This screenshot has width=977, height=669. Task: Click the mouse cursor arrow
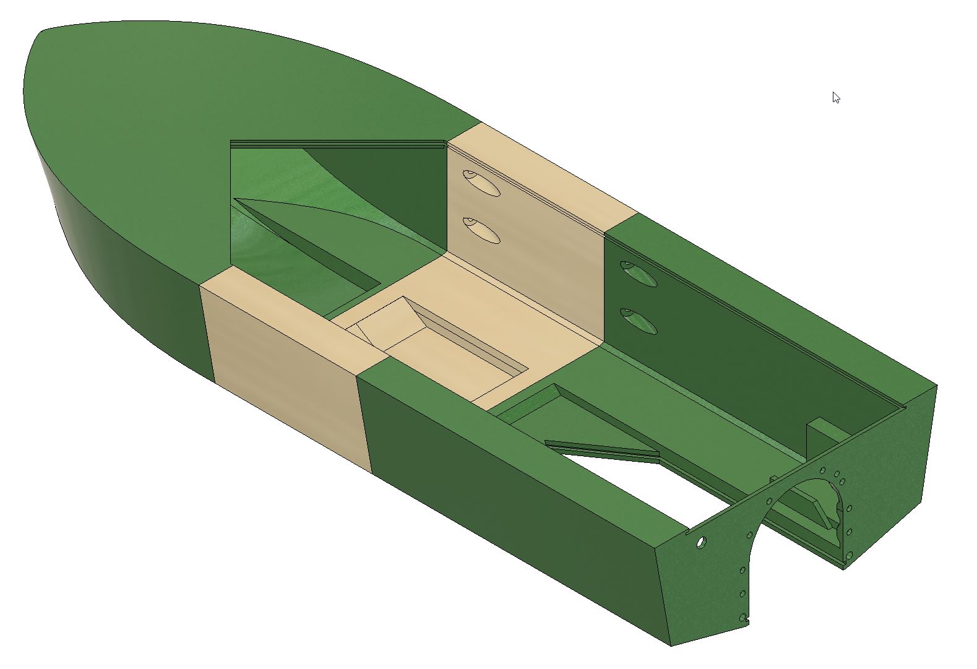click(836, 98)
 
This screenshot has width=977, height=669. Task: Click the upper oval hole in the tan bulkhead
click(481, 183)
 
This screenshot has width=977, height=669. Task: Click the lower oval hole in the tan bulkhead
click(481, 230)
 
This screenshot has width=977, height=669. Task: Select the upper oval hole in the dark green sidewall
click(638, 274)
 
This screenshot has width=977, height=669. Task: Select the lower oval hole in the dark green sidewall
click(638, 321)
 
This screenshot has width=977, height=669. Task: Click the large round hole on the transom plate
click(700, 543)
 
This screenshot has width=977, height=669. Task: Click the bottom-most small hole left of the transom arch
click(743, 616)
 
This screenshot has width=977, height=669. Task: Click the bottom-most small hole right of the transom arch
click(849, 555)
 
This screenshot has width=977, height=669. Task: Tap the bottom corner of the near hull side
click(671, 645)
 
